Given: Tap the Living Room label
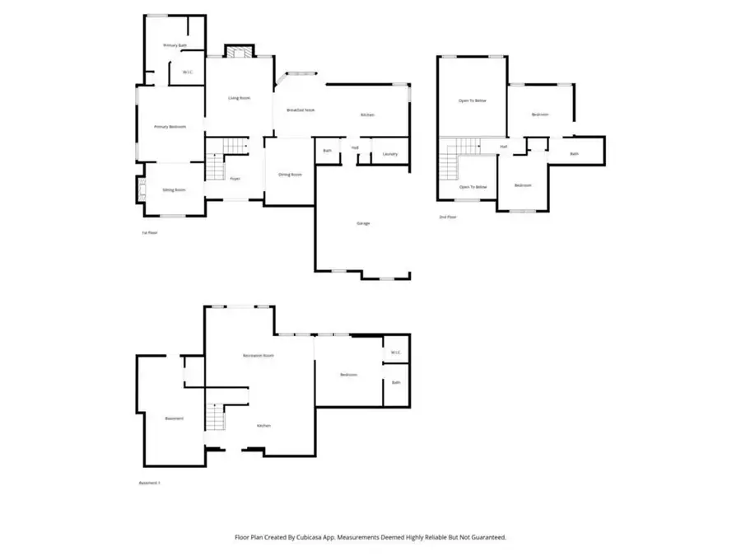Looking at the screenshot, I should coord(240,98).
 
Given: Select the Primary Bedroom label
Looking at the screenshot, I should coord(170,127).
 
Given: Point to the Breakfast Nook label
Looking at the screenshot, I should coord(301,110).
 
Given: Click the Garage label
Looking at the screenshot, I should coord(362,223).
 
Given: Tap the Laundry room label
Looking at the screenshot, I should coord(390,153).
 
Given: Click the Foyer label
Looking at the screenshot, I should coord(235,178).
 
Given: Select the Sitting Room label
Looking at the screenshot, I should coord(174,190).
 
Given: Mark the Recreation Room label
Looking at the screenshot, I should coord(258,355).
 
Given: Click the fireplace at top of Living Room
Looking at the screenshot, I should coord(239,52).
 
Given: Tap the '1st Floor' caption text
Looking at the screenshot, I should coord(149,233).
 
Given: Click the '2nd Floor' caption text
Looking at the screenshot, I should coord(447,217).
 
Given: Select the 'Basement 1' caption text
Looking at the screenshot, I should coord(148,483).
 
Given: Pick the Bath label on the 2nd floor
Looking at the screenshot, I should coord(575,153).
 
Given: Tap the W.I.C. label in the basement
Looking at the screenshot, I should coord(395,353).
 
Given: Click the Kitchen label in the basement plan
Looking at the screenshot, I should coord(263,426).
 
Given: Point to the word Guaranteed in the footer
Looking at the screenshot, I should coord(488,536).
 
